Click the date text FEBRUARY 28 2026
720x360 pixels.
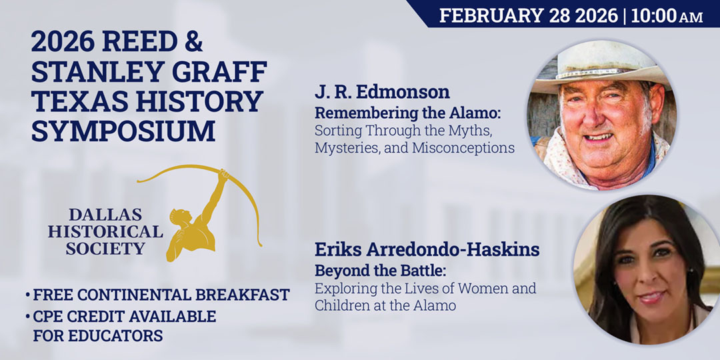528,15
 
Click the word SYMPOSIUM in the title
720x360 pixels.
123,131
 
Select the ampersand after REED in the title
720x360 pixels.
192,44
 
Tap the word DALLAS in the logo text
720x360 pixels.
105,215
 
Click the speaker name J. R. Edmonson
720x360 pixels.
382,91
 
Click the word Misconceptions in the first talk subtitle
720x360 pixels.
463,148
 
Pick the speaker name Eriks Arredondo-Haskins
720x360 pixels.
427,251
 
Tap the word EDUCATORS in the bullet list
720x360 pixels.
121,336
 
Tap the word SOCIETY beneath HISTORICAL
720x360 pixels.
105,249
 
